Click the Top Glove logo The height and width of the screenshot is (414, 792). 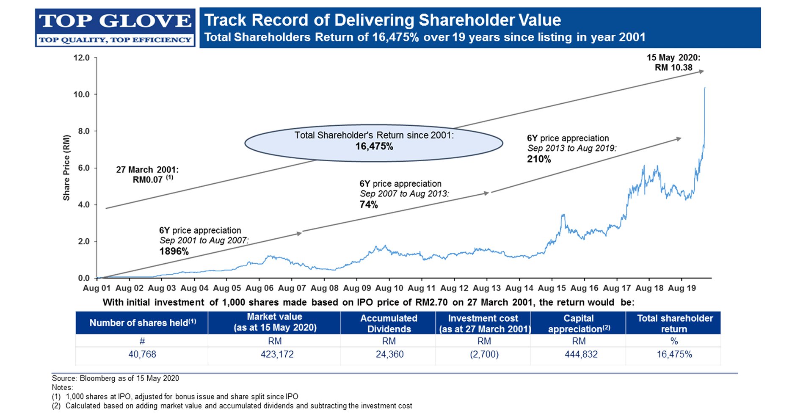tap(115, 28)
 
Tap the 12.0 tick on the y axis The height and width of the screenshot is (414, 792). tap(82, 58)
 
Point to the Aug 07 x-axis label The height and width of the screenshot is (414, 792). tap(292, 288)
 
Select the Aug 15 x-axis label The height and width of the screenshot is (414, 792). tap(552, 288)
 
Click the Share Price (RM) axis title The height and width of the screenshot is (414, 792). tap(66, 168)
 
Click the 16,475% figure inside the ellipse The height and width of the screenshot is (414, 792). tap(374, 146)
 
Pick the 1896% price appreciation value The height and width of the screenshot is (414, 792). tap(174, 251)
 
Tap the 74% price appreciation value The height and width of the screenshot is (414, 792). tap(369, 205)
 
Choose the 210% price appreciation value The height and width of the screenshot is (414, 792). tap(539, 159)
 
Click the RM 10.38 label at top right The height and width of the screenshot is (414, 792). tap(673, 68)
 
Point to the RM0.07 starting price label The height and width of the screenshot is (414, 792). tap(148, 179)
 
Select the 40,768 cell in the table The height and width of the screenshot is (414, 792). tap(142, 354)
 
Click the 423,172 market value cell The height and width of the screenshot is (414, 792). tap(277, 354)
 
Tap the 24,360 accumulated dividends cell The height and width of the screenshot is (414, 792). tap(389, 354)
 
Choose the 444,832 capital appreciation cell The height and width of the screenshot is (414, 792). tap(581, 354)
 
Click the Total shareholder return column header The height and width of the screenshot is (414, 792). tap(675, 323)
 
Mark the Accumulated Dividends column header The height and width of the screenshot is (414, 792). tap(389, 323)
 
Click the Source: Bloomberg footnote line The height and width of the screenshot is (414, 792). tap(115, 378)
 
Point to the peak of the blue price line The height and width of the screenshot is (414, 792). tap(705, 87)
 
